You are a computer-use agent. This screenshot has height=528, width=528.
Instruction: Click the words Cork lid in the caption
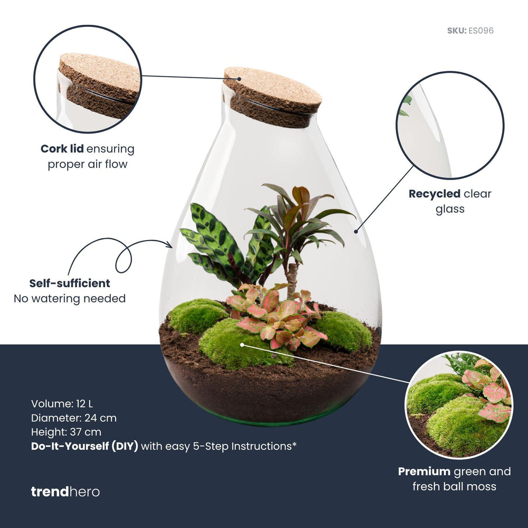point(62,149)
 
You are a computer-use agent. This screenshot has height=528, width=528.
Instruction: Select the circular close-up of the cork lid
point(88,79)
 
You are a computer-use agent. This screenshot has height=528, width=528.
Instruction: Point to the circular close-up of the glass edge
point(450,126)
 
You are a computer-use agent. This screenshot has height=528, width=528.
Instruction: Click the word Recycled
point(435,194)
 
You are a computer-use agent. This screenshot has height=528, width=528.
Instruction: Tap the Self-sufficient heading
point(70,284)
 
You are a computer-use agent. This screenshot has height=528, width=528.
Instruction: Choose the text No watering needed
point(70,299)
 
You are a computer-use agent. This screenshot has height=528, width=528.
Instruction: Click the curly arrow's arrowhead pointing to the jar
point(169,244)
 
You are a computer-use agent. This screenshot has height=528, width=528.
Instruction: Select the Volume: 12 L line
point(62,404)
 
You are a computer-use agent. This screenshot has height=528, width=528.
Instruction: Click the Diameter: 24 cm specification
point(74,418)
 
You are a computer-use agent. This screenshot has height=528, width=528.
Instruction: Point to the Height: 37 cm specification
point(66,432)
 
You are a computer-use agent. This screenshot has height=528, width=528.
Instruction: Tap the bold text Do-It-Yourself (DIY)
point(84,446)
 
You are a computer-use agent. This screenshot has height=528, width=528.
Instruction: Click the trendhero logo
point(65,492)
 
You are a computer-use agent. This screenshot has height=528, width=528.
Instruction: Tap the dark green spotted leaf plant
point(216,243)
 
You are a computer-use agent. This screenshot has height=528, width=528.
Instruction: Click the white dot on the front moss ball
point(242,345)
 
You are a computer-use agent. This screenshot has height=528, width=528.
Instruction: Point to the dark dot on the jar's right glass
point(356,231)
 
